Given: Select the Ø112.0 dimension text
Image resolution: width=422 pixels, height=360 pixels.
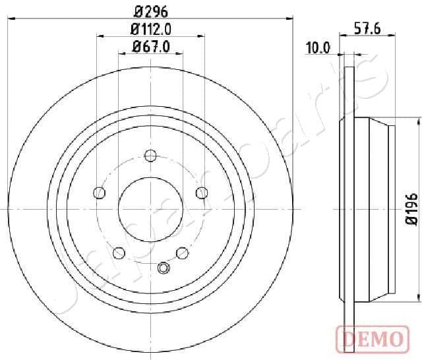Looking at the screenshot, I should pos(150,28).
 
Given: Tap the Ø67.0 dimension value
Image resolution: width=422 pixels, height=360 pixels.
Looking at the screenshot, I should pos(151,46).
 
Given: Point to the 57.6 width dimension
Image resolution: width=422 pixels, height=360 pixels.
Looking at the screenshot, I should pos(367,28).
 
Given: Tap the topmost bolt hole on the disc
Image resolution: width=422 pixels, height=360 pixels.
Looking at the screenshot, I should pos(150,156).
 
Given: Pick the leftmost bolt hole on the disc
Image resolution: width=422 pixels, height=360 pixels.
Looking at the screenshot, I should pos(100,193).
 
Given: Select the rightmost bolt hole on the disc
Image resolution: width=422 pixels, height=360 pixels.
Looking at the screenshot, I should pos(201,192).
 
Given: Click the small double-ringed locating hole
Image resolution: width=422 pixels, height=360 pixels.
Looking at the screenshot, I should pos(164,268).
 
